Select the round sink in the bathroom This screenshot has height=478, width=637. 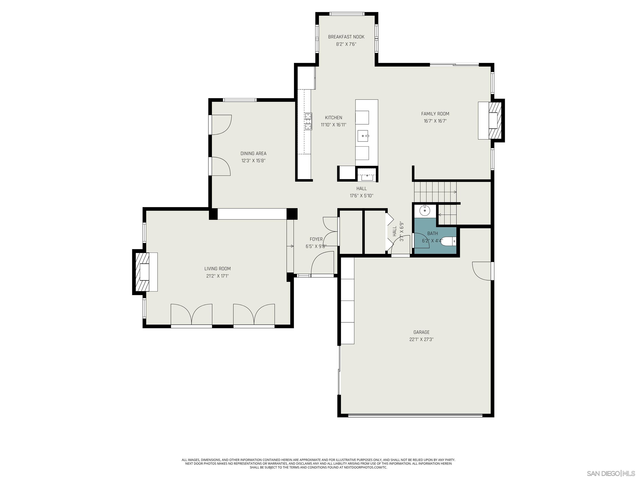[425, 211]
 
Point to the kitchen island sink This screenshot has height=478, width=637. [363, 136]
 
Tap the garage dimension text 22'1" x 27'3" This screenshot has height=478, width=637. [421, 339]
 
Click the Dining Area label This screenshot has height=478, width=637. [253, 154]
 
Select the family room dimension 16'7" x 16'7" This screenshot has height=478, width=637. [435, 121]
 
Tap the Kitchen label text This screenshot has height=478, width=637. [333, 118]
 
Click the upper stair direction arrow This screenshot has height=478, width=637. [455, 192]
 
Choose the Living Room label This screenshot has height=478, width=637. [218, 268]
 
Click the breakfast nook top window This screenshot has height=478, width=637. [347, 13]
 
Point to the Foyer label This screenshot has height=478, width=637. [316, 239]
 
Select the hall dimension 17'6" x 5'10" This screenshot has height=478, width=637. [361, 196]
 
